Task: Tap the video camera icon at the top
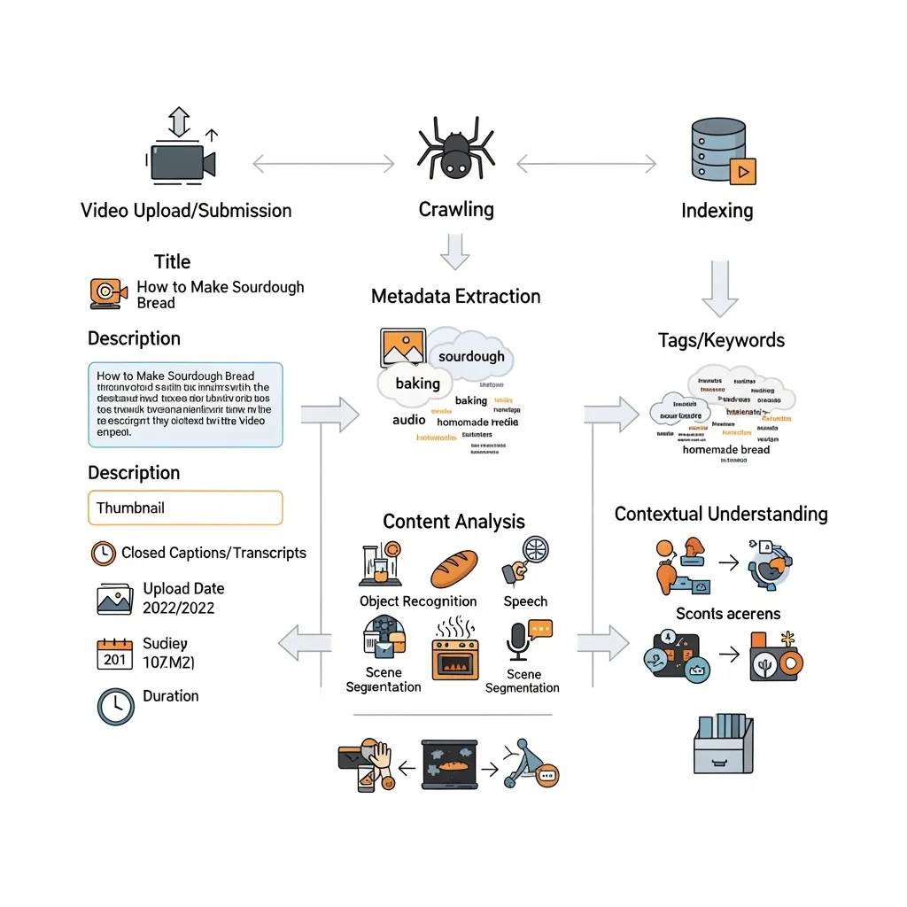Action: pyautogui.click(x=182, y=162)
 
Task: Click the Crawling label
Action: pyautogui.click(x=456, y=210)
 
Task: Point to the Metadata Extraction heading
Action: pyautogui.click(x=455, y=296)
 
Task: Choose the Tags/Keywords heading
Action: pyautogui.click(x=721, y=340)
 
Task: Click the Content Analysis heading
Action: pyautogui.click(x=453, y=522)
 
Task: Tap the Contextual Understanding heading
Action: pyautogui.click(x=721, y=514)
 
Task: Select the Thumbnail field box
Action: pyautogui.click(x=185, y=508)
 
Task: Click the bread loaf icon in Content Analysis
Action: pyautogui.click(x=454, y=569)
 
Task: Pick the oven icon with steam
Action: pyautogui.click(x=454, y=651)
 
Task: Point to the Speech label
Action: pyautogui.click(x=525, y=601)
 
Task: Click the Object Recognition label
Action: pyautogui.click(x=418, y=601)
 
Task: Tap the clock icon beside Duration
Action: pyautogui.click(x=114, y=706)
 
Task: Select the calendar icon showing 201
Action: pyautogui.click(x=114, y=654)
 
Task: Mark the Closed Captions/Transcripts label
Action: pyautogui.click(x=213, y=553)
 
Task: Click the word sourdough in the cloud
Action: pyautogui.click(x=471, y=356)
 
